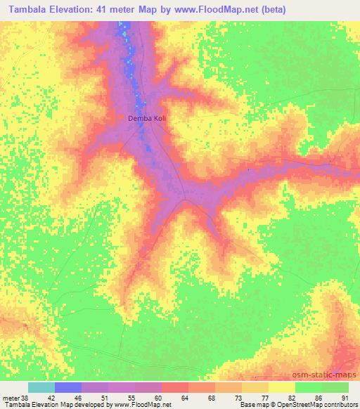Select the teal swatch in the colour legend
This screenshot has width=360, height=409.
(42, 387)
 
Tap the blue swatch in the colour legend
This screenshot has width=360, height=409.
(69, 387)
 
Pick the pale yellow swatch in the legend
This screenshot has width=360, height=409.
(282, 387)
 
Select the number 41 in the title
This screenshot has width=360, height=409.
(114, 10)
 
